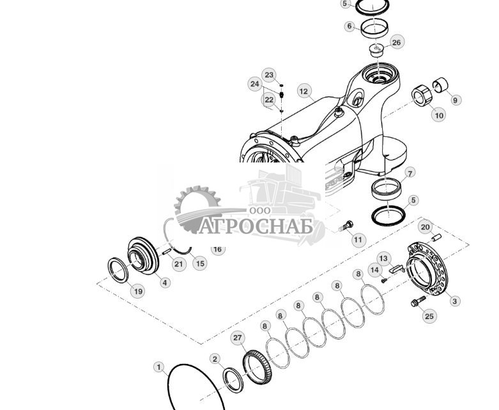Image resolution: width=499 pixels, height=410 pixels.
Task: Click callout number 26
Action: point(397,42)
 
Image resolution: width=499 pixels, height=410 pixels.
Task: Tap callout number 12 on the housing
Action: point(304,91)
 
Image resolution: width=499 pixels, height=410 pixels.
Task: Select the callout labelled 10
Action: point(439,115)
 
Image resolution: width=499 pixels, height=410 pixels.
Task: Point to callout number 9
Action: point(456,100)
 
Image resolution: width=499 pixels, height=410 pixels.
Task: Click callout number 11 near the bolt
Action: point(358,240)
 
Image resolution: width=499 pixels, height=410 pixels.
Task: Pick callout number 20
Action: point(426,227)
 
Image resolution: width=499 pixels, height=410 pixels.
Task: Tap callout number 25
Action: point(429,316)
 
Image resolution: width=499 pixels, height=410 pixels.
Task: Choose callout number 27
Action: point(238,338)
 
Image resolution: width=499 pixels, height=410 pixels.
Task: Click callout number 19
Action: point(138,291)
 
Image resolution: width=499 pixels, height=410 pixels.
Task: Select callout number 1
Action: point(159,367)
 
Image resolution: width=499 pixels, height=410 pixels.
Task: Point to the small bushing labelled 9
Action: point(440,84)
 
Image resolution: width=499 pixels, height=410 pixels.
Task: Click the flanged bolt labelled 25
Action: point(418,301)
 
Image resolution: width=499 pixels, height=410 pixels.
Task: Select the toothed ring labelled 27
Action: point(257,367)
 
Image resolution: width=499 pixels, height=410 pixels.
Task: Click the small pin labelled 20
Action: point(436,237)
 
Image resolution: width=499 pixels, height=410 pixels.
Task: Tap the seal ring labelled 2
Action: point(233,380)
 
